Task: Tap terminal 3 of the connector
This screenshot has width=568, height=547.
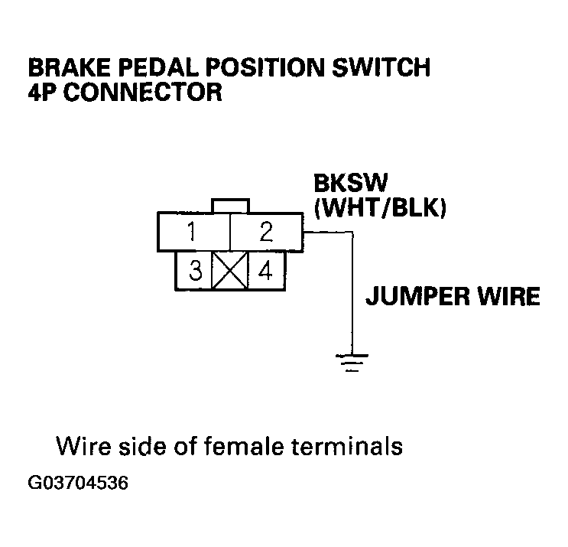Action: [x=195, y=271]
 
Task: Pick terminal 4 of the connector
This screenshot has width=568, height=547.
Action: [x=263, y=271]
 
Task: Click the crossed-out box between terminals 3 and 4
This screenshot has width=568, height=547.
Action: [x=229, y=271]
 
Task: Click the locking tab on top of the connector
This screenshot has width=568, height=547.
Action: [x=230, y=206]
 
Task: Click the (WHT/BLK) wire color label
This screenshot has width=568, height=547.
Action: [x=378, y=207]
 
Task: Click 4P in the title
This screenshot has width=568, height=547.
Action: [x=41, y=93]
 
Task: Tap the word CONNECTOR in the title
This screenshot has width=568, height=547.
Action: [x=143, y=93]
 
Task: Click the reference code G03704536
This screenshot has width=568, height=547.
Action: [x=76, y=484]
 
